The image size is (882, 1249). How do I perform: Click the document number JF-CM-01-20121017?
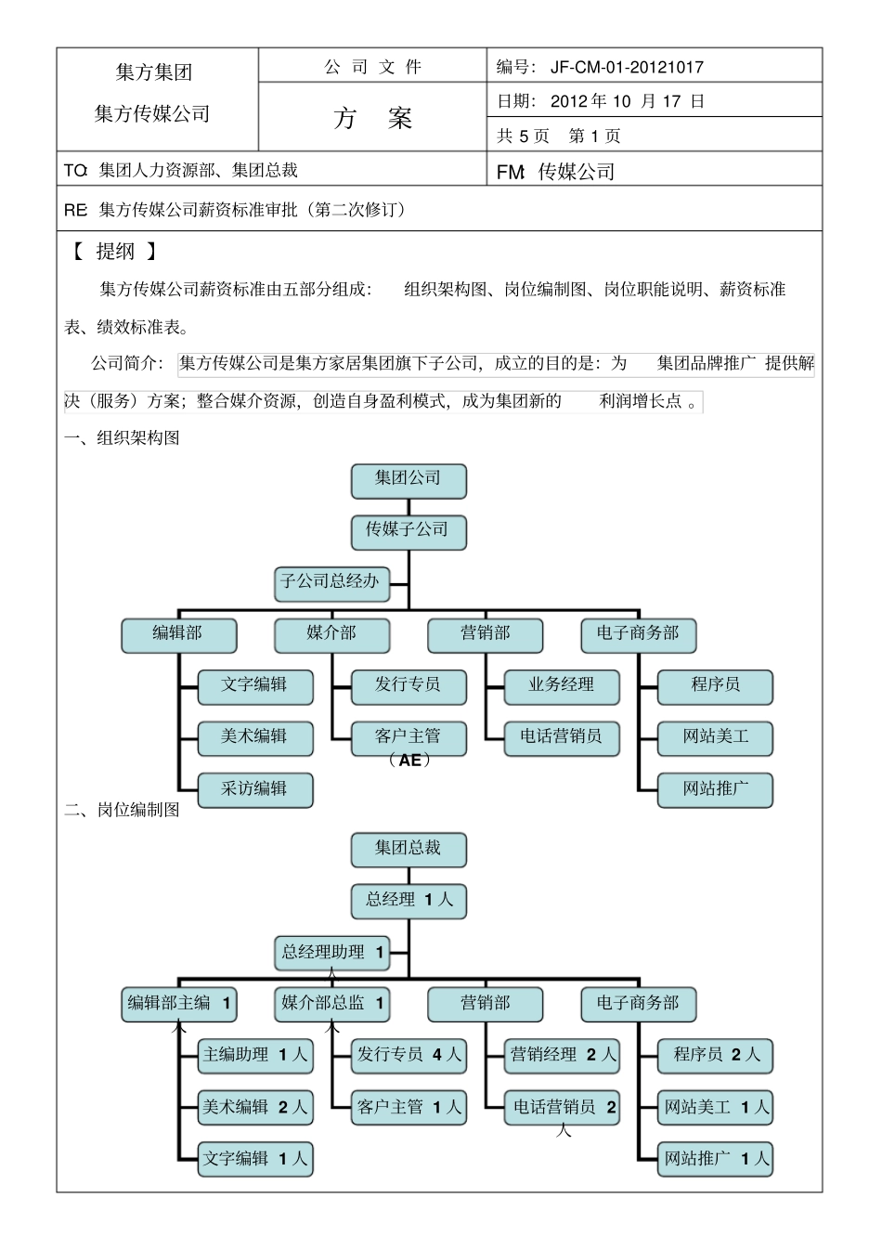(x=627, y=67)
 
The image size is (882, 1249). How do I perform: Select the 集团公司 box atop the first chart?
(x=409, y=480)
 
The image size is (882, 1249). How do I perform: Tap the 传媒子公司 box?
(x=409, y=531)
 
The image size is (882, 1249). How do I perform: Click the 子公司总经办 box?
(x=331, y=583)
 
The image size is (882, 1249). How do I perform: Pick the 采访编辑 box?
(x=255, y=790)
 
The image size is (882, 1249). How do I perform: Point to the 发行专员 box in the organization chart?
(x=409, y=686)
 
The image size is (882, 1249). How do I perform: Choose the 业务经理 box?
(x=561, y=686)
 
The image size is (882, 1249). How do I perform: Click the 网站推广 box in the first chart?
(x=715, y=790)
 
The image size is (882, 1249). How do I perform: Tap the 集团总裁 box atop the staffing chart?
(x=409, y=850)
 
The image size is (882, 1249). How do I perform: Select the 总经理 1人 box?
(x=409, y=901)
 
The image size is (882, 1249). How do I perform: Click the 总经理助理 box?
(x=332, y=953)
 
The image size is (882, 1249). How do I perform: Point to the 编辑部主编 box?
(x=178, y=1005)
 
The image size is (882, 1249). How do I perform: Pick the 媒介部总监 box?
(x=331, y=1005)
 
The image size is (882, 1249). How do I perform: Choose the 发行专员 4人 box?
(x=409, y=1056)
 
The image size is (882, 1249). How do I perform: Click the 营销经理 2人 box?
(x=562, y=1056)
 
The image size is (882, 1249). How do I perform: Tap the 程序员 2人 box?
(x=715, y=1056)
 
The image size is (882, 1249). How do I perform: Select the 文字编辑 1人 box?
(x=255, y=1160)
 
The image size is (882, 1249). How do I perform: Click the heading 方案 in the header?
(x=372, y=119)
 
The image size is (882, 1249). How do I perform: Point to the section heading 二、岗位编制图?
(x=122, y=810)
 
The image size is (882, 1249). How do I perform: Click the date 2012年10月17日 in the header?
(x=627, y=101)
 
